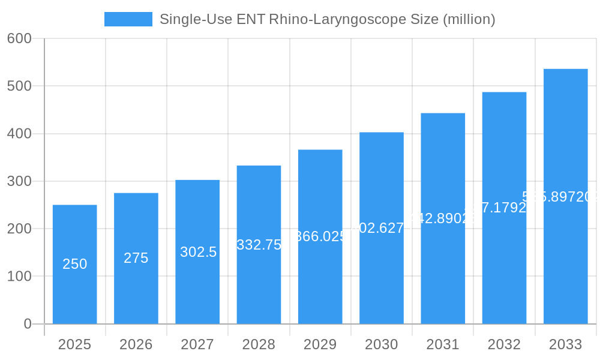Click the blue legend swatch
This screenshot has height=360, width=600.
128,19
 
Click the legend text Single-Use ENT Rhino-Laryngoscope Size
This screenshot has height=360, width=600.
327,19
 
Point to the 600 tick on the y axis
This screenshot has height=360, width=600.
19,38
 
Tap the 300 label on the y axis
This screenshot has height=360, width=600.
19,181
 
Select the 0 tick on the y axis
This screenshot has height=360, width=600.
28,324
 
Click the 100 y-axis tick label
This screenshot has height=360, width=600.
19,277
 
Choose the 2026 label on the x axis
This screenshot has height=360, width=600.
136,344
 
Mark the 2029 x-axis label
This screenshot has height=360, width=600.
320,344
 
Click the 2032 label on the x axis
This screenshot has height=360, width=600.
504,344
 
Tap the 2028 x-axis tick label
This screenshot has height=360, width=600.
259,344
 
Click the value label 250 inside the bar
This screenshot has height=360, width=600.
74,264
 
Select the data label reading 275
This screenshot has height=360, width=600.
136,258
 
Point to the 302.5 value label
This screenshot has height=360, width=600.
198,252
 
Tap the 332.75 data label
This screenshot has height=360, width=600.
259,245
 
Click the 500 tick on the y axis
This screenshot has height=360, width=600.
19,86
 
